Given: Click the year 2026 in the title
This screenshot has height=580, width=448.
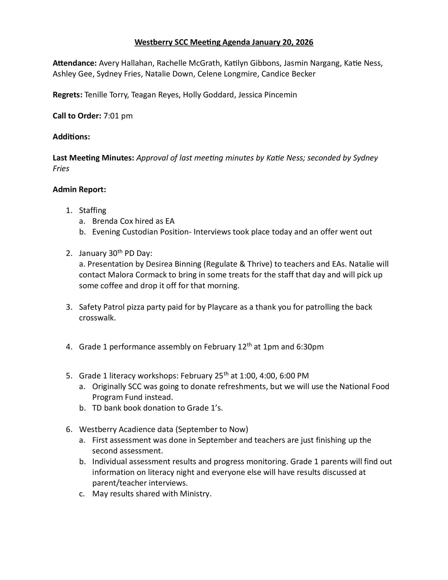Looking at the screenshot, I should (x=304, y=42).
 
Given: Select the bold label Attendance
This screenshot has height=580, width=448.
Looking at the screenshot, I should (x=74, y=63).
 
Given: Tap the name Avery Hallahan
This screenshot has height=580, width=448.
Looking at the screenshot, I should (x=126, y=63).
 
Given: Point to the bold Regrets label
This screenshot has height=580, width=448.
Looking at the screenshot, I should (x=67, y=95).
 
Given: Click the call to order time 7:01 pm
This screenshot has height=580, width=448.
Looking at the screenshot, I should (x=118, y=116).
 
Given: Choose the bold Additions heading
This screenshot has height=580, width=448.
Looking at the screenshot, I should (x=71, y=137).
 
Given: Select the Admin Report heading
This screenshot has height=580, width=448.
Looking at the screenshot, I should (x=79, y=189).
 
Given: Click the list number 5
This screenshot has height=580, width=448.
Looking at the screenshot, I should (x=69, y=376).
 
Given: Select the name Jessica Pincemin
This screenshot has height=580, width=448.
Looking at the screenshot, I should (x=267, y=95).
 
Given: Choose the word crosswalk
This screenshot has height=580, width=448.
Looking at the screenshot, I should (x=97, y=318).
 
